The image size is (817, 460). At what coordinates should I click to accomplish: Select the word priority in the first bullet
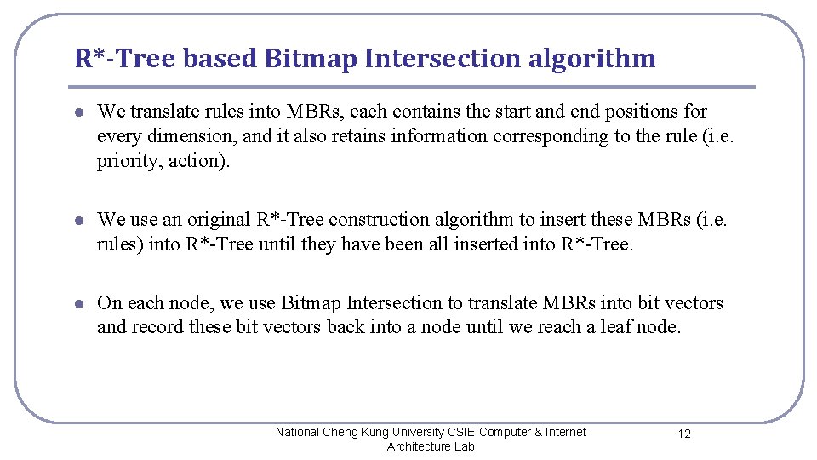129,161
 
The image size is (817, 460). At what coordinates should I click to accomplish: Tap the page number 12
684,434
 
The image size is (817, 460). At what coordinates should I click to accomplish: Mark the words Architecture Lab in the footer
431,446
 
